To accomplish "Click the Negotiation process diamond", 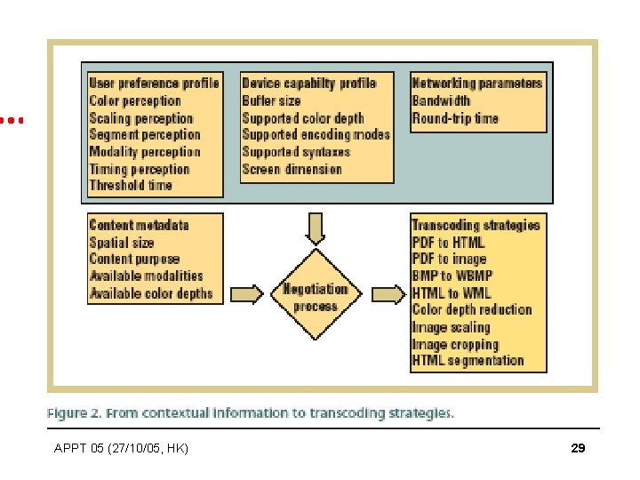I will tap(316, 295).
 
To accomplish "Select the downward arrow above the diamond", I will tap(316, 228).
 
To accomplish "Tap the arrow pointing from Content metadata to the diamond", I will tap(247, 294).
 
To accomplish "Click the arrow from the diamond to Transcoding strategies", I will tap(387, 294).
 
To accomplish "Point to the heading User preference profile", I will tap(154, 84).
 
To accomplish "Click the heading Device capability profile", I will tap(308, 84).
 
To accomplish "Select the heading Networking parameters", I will tap(477, 84).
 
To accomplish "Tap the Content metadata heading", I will tap(139, 225).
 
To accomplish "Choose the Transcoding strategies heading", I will tap(476, 225).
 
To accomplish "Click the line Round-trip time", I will tap(455, 118).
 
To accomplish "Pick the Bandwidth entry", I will tap(441, 101).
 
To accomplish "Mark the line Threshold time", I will tap(131, 186).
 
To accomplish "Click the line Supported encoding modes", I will tap(316, 135).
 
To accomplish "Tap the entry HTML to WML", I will tap(451, 293).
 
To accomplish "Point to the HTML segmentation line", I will tap(468, 361).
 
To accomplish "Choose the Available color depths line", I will tap(151, 293).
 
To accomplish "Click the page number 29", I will tap(578, 449).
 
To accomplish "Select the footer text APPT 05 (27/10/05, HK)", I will tap(121, 449).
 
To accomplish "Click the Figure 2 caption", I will tap(251, 412).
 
